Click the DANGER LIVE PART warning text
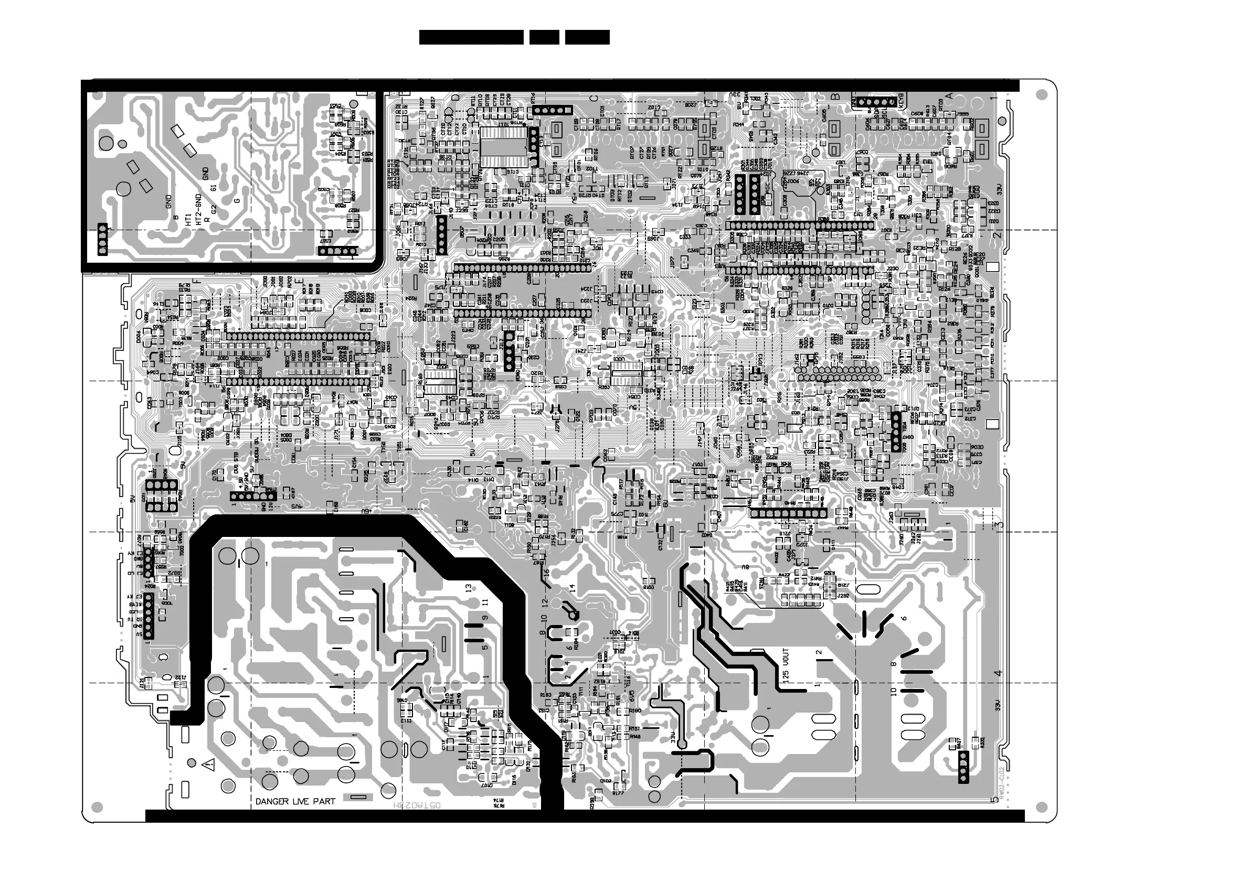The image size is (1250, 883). pos(295,801)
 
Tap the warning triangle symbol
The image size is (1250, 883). pos(207,765)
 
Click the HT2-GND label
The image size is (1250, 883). pos(198,208)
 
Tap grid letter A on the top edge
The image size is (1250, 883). pos(948,96)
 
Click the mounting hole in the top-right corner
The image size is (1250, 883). pos(1042,95)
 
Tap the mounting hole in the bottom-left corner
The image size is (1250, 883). pos(98,806)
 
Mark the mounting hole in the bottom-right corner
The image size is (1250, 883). pos(1042,806)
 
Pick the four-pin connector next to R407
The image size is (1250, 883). pos(963,767)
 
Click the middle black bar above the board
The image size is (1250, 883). pos(544,37)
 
